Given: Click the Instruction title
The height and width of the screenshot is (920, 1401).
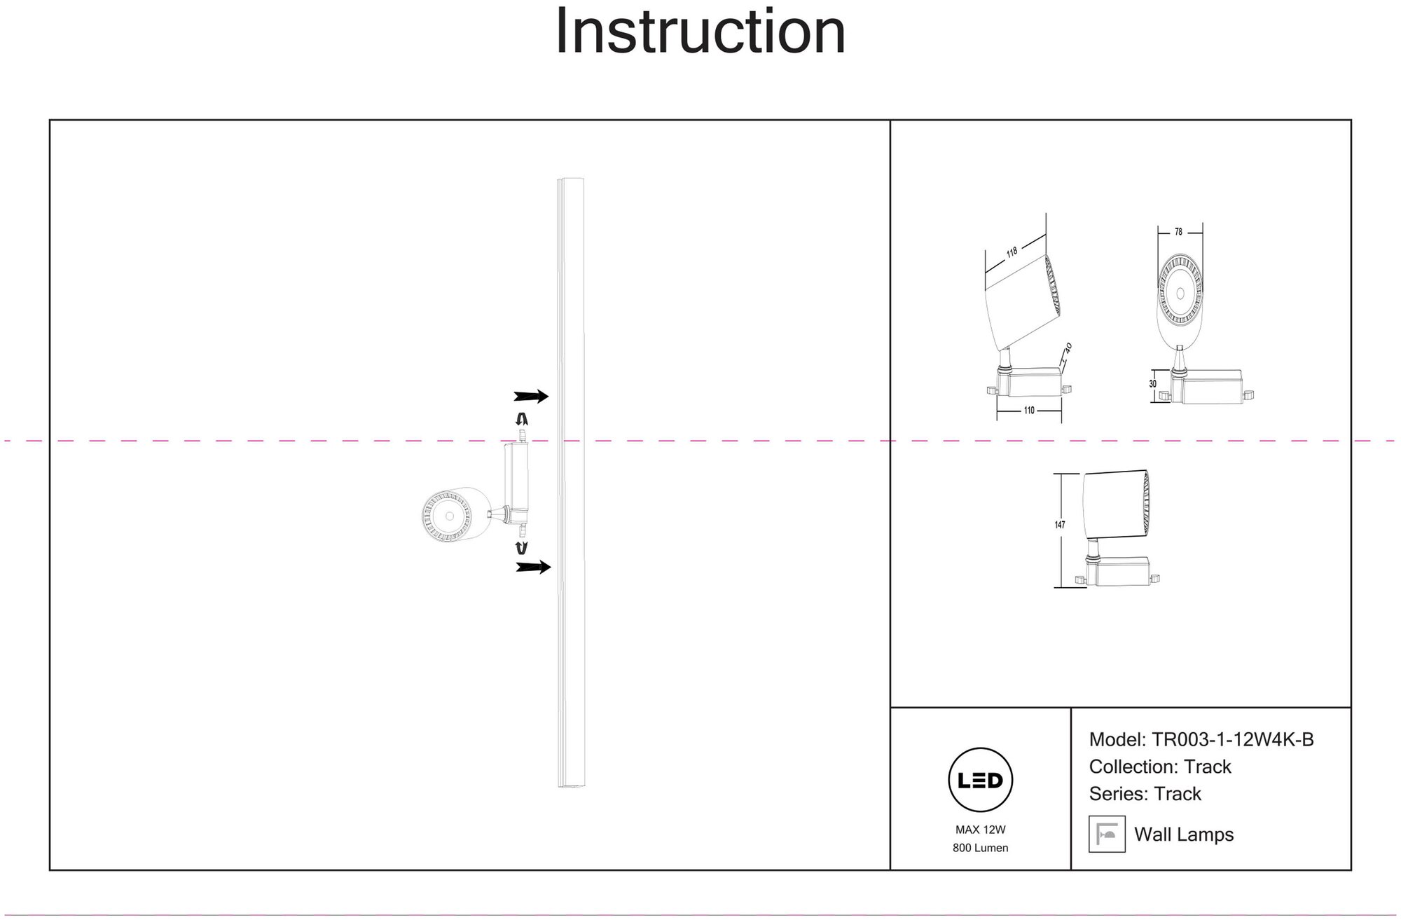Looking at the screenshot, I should pyautogui.click(x=700, y=32).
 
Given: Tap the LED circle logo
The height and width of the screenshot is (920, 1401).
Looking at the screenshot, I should pyautogui.click(x=980, y=780).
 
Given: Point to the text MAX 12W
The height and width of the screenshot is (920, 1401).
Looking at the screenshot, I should pyautogui.click(x=980, y=830).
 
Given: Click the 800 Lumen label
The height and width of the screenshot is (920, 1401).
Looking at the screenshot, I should pyautogui.click(x=980, y=848).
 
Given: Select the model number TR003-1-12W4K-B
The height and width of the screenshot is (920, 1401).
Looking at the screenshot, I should pyautogui.click(x=1233, y=740).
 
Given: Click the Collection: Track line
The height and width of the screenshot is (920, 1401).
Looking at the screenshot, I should pyautogui.click(x=1159, y=767).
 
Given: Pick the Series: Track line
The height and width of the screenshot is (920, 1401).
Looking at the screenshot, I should pyautogui.click(x=1145, y=794).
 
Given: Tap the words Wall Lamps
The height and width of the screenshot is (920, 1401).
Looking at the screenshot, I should pyautogui.click(x=1183, y=835).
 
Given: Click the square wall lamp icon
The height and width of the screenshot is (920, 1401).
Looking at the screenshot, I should pyautogui.click(x=1107, y=834).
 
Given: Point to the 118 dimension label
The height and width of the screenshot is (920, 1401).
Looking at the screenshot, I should pyautogui.click(x=1012, y=252).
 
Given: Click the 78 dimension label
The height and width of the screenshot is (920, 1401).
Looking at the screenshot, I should pyautogui.click(x=1178, y=232).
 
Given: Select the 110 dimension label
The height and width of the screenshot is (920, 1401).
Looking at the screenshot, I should pyautogui.click(x=1028, y=411).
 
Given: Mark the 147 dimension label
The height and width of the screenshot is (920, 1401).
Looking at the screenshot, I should pyautogui.click(x=1060, y=525).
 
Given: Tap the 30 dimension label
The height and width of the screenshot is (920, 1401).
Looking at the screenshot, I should pyautogui.click(x=1152, y=385).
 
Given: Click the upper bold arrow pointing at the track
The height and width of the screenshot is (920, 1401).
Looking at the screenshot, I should pyautogui.click(x=531, y=397).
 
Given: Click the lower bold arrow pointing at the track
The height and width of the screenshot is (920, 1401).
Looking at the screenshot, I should pyautogui.click(x=533, y=567).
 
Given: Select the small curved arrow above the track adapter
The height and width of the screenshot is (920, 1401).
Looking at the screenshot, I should pyautogui.click(x=521, y=420).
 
